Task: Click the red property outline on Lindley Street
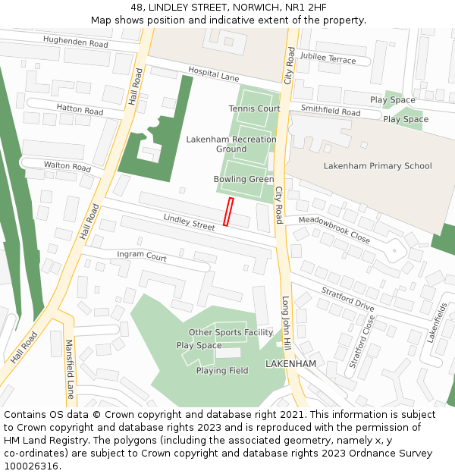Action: [227, 212]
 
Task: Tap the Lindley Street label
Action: [190, 221]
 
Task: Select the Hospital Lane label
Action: [214, 77]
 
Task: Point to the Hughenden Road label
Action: [75, 42]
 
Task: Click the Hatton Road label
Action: [80, 110]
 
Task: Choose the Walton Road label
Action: [67, 166]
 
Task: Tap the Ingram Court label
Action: [142, 257]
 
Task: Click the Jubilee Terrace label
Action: [328, 58]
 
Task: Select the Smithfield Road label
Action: [331, 111]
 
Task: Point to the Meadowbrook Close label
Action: [334, 229]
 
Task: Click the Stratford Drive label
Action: [348, 298]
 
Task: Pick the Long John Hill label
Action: [287, 322]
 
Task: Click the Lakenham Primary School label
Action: [377, 166]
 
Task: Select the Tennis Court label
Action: [254, 108]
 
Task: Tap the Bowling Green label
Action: [243, 179]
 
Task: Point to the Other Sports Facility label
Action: [231, 332]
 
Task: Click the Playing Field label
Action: [222, 371]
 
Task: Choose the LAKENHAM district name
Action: [290, 364]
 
